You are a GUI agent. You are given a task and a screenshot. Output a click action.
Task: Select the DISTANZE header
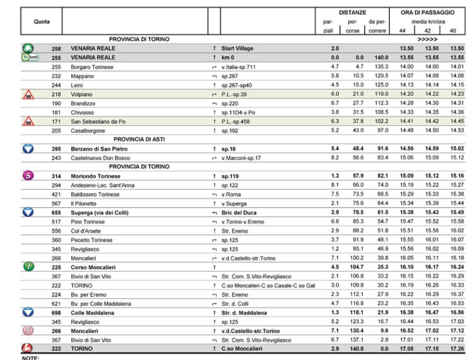(348, 11)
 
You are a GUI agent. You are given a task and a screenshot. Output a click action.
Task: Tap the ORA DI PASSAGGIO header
(427, 11)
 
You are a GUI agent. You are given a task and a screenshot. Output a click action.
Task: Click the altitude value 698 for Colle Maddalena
(55, 313)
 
